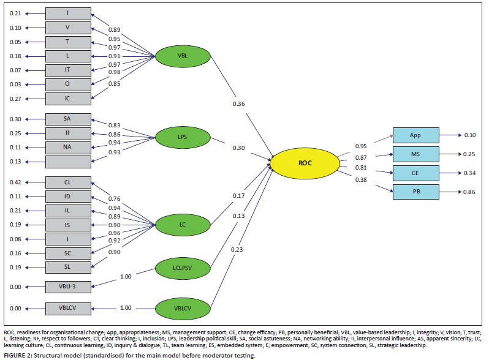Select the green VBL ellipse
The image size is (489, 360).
click(182, 56)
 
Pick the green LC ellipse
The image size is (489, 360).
click(182, 224)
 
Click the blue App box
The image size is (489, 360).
click(416, 135)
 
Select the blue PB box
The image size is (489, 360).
click(416, 192)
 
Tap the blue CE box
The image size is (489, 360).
click(416, 173)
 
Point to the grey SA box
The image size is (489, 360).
click(68, 119)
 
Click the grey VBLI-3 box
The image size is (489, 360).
click(68, 286)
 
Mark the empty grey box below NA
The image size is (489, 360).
click(68, 161)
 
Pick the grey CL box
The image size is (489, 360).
click(68, 182)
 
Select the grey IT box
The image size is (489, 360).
click(68, 70)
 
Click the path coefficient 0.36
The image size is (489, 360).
click(239, 104)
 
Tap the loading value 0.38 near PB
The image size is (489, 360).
click(360, 179)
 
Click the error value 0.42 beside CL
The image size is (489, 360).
click(15, 182)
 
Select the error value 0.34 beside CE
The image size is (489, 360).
click(470, 173)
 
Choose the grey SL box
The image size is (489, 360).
click(68, 267)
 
